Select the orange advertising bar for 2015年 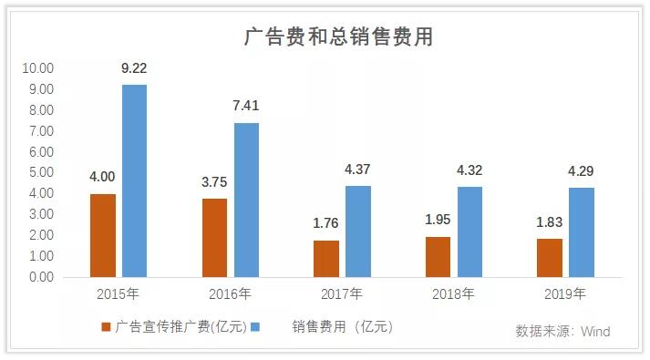pos(103,235)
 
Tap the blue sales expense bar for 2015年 pos(134,180)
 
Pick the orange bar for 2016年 pos(214,237)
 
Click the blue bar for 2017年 pos(358,231)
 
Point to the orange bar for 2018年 pos(438,256)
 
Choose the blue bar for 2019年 pos(582,231)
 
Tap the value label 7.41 pos(246,106)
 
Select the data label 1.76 pos(325,223)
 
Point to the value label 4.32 pos(469,170)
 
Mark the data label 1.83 pos(549,221)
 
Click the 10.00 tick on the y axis pos(38,68)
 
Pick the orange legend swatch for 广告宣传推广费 pos(106,327)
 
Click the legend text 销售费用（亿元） pos(342,327)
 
